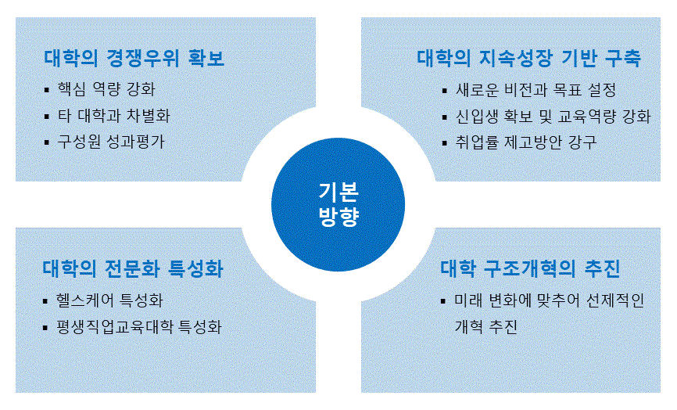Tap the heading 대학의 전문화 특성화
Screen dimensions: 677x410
[133, 268]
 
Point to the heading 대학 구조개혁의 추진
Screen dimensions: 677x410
[530, 268]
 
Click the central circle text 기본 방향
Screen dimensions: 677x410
[338, 204]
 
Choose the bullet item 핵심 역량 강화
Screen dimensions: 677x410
[106, 89]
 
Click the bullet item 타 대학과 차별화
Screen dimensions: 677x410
[114, 116]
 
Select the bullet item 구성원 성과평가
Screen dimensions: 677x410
[111, 142]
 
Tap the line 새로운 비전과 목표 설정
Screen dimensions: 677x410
[536, 90]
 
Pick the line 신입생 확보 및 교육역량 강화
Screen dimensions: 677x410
[553, 117]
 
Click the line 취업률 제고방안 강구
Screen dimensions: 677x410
[526, 142]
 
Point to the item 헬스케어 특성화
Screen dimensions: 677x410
[109, 300]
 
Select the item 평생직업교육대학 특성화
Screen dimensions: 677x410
[138, 326]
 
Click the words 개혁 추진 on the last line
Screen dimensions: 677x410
[486, 326]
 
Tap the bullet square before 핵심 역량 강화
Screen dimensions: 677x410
[47, 90]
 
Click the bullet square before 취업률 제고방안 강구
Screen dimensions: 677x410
[445, 142]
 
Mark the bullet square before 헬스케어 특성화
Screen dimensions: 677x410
[45, 300]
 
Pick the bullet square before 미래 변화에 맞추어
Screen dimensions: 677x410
[443, 300]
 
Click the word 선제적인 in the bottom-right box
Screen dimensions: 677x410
[615, 300]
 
